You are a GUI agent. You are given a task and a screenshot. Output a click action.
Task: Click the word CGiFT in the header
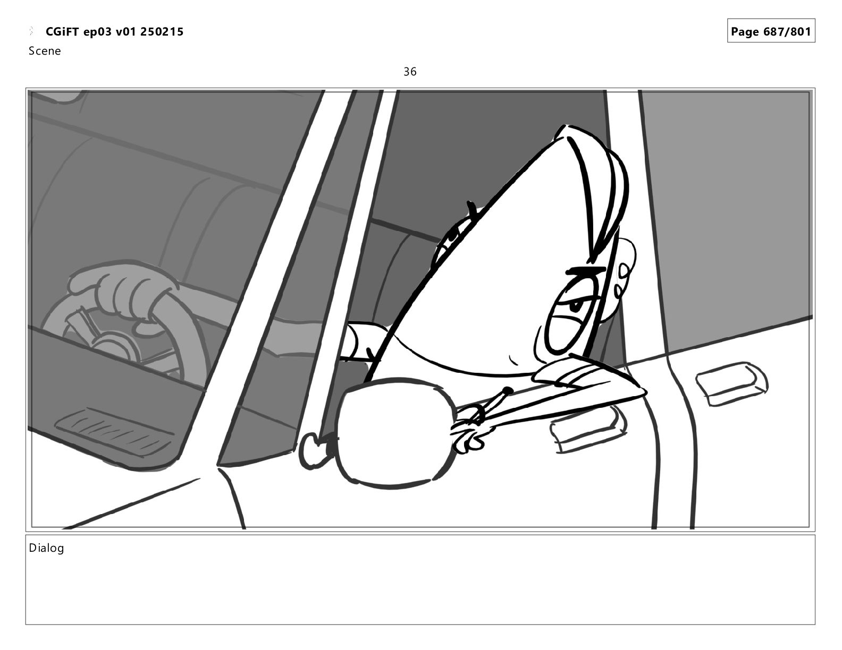pos(62,32)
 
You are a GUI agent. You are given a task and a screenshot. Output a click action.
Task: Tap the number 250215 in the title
pos(162,32)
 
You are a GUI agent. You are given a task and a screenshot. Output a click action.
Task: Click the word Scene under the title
pos(45,51)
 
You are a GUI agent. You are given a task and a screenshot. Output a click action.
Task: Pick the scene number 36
pos(410,72)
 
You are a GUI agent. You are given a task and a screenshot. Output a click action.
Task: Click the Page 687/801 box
pos(771,31)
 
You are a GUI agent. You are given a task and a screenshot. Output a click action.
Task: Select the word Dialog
pos(46,548)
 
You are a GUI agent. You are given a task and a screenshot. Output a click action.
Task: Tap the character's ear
pos(622,283)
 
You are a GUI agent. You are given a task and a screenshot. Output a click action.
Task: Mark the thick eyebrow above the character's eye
pos(585,271)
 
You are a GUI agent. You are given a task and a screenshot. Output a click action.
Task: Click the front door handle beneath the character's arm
pos(587,430)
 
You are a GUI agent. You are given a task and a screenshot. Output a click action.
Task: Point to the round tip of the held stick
pos(507,391)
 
